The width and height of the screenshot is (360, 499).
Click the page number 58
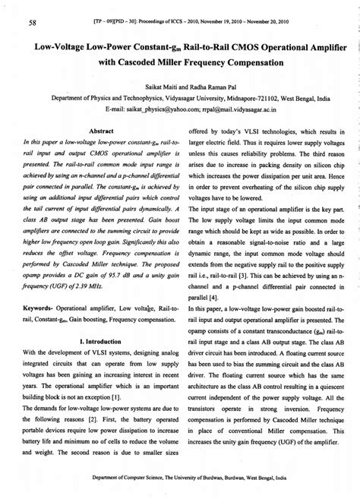(x=33, y=23)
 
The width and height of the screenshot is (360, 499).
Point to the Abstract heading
(x=101, y=130)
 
